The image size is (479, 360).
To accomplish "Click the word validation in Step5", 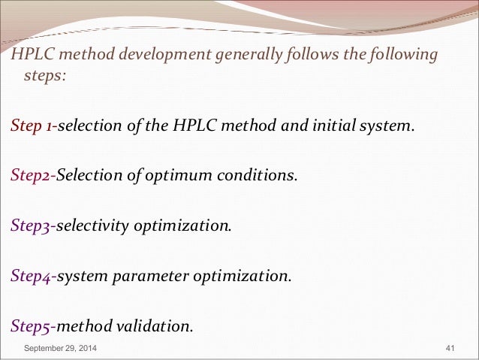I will coord(155,326).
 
